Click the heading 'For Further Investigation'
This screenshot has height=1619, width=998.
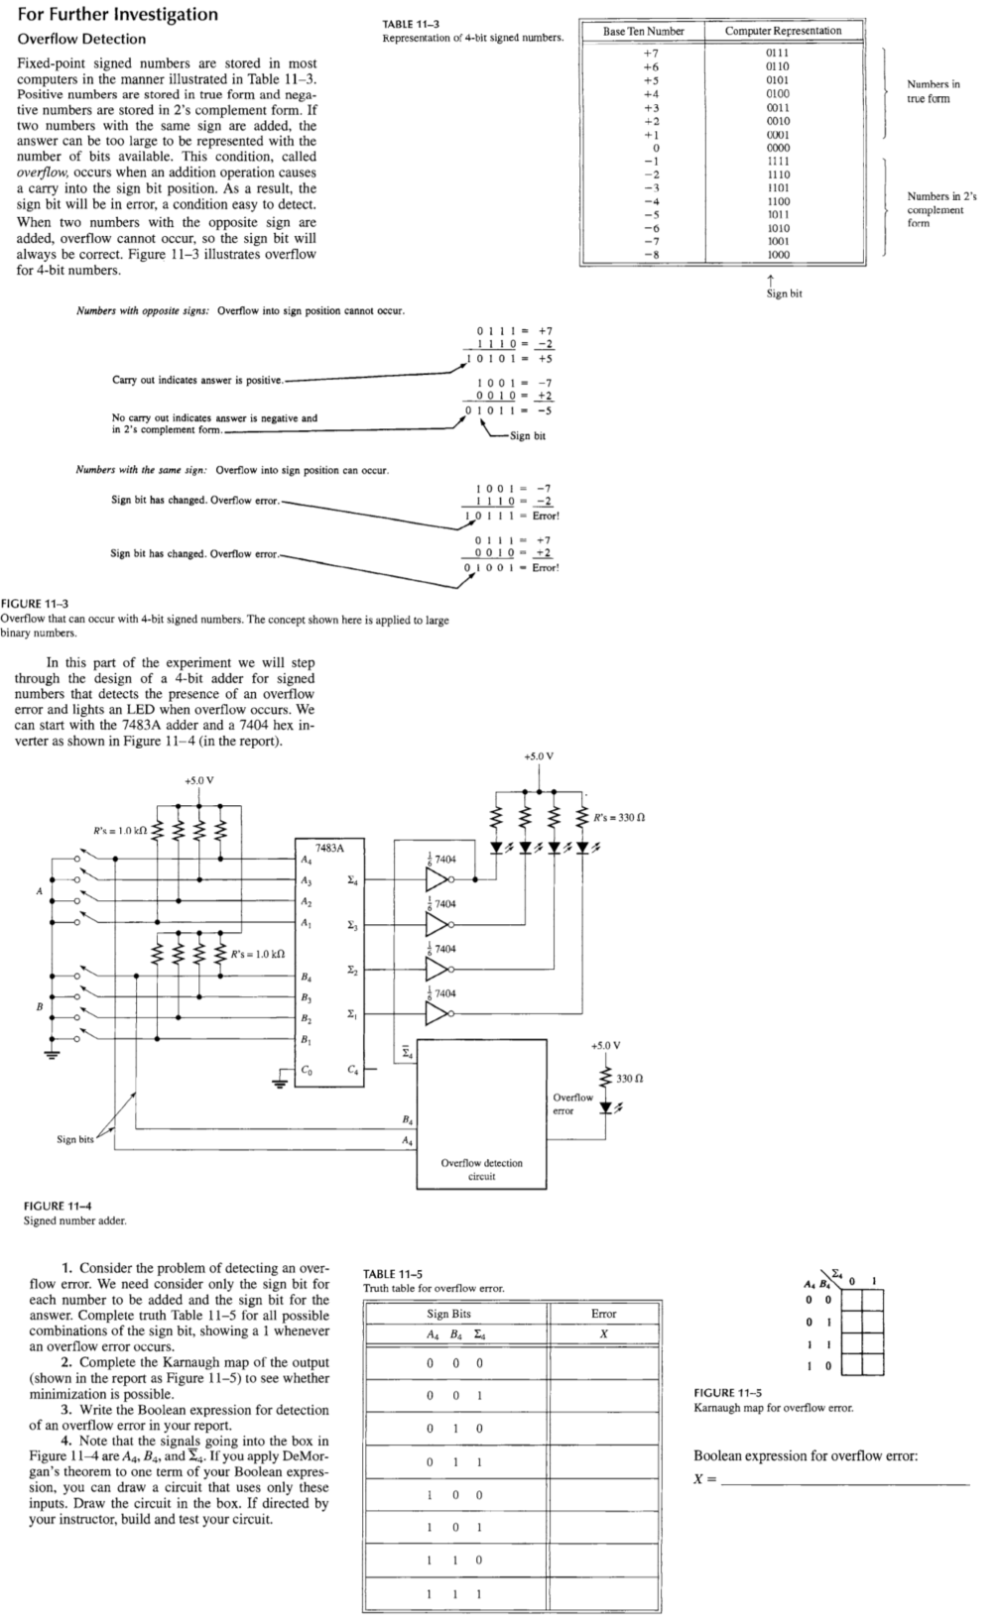(x=117, y=14)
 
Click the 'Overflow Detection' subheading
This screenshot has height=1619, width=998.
(x=81, y=40)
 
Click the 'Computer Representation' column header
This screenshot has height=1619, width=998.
(x=783, y=31)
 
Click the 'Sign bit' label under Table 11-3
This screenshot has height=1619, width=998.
(x=784, y=293)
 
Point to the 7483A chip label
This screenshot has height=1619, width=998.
(x=329, y=848)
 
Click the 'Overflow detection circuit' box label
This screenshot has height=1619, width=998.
(x=481, y=1169)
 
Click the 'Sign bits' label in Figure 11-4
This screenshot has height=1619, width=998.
(x=74, y=1139)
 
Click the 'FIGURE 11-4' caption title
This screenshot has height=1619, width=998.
(x=58, y=1206)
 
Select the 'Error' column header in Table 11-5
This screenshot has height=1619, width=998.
(x=603, y=1314)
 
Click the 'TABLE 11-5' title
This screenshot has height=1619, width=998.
(x=393, y=1274)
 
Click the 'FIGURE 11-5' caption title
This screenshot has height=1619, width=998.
(x=727, y=1393)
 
